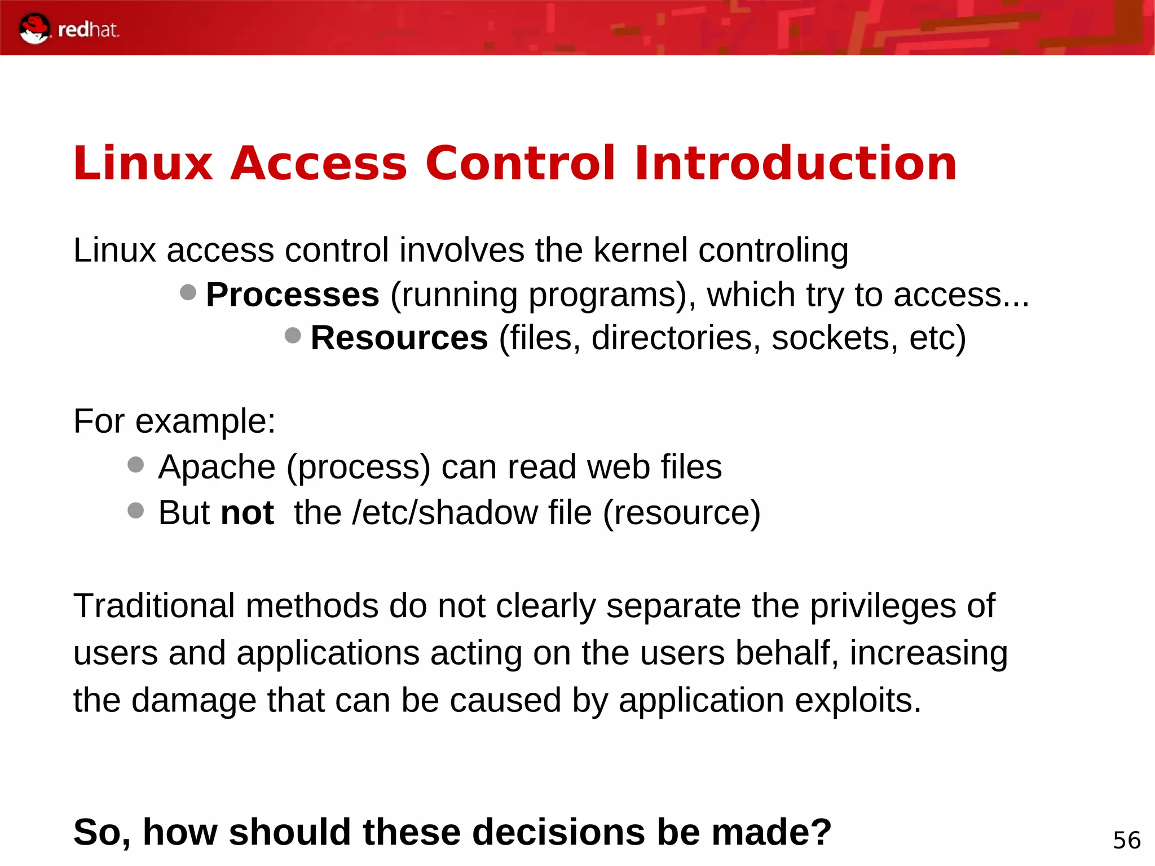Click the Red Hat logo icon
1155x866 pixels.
[x=34, y=28]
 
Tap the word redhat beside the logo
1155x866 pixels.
[x=89, y=29]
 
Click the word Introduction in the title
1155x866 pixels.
[x=795, y=164]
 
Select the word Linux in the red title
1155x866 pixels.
[x=143, y=164]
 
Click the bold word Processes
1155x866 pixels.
[x=293, y=294]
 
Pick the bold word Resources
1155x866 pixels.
[x=399, y=338]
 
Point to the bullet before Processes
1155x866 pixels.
[x=188, y=292]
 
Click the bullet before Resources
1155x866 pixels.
[x=293, y=336]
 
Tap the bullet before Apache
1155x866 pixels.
[x=136, y=465]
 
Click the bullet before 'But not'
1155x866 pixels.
[x=136, y=511]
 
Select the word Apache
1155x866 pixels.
[x=217, y=467]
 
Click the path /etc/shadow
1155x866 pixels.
[x=445, y=513]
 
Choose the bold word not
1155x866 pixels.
[x=247, y=513]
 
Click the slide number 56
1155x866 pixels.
[x=1126, y=841]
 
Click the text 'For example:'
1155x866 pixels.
[x=175, y=421]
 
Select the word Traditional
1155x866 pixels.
[x=154, y=606]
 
